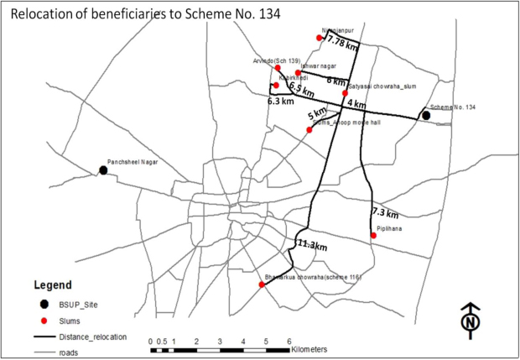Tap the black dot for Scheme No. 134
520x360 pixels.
click(x=426, y=115)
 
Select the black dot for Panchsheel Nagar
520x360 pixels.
click(x=103, y=170)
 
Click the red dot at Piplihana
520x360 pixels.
click(x=373, y=236)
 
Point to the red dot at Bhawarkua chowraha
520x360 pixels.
click(x=262, y=284)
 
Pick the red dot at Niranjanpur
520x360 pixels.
click(x=320, y=38)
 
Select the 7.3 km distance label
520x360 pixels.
click(x=386, y=212)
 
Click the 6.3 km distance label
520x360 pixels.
click(x=280, y=102)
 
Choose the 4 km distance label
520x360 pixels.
click(x=356, y=104)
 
